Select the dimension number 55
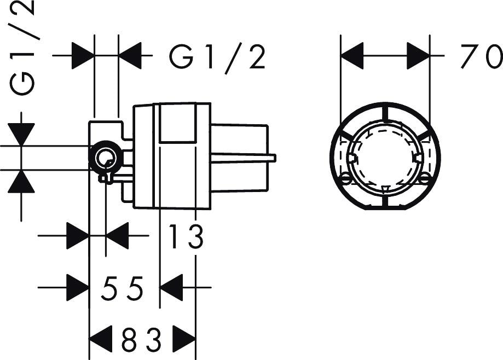(x=122, y=288)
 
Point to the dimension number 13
(x=186, y=237)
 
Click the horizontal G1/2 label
(x=217, y=57)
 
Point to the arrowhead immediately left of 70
(x=418, y=56)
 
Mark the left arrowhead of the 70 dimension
(x=352, y=56)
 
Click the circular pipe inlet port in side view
(x=105, y=159)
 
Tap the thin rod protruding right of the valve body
(x=244, y=159)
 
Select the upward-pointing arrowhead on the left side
(x=21, y=182)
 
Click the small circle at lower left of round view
(x=345, y=179)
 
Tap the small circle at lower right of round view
(x=425, y=179)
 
